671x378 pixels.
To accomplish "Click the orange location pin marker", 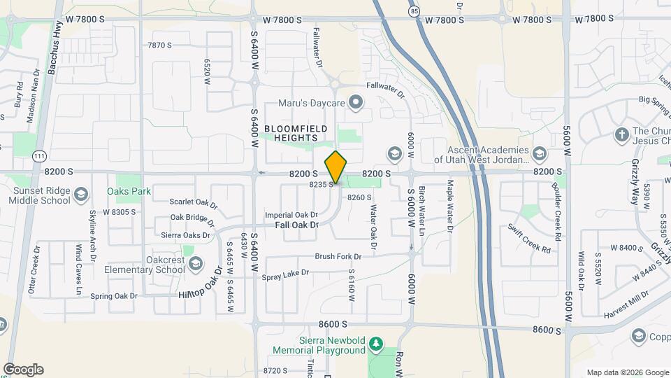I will (x=336, y=167).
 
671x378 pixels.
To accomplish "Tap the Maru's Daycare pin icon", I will (x=356, y=104).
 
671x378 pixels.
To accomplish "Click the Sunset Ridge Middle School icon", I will (x=81, y=194).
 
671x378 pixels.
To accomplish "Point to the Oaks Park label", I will (x=129, y=191).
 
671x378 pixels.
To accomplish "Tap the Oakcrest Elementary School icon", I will (x=195, y=264).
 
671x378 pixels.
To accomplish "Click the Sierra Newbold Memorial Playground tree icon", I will (x=376, y=344).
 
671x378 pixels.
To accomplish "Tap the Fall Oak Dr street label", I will (x=296, y=225).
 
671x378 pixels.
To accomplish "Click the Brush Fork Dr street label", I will (x=338, y=257).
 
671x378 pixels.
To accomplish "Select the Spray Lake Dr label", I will (x=284, y=275).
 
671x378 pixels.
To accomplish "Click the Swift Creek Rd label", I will (x=529, y=239).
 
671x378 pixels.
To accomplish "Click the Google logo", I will (x=23, y=369).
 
